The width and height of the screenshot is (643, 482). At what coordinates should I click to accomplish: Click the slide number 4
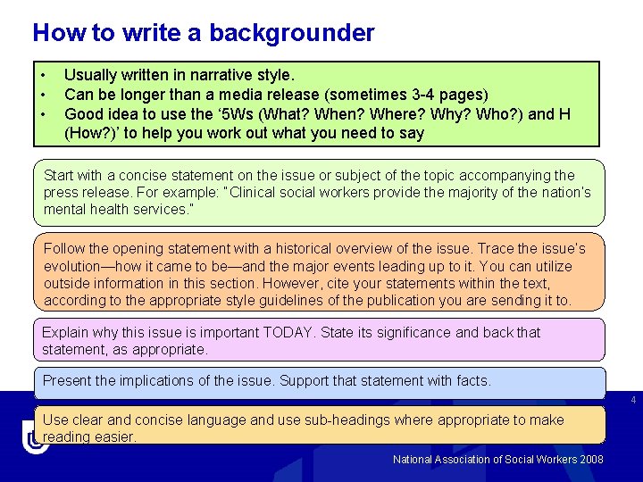(633, 401)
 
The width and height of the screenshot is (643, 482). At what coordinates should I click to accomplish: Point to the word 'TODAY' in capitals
(291, 332)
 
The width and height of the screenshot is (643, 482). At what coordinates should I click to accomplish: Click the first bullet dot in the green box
(41, 76)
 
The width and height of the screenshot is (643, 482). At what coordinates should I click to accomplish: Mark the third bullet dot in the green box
(41, 114)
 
